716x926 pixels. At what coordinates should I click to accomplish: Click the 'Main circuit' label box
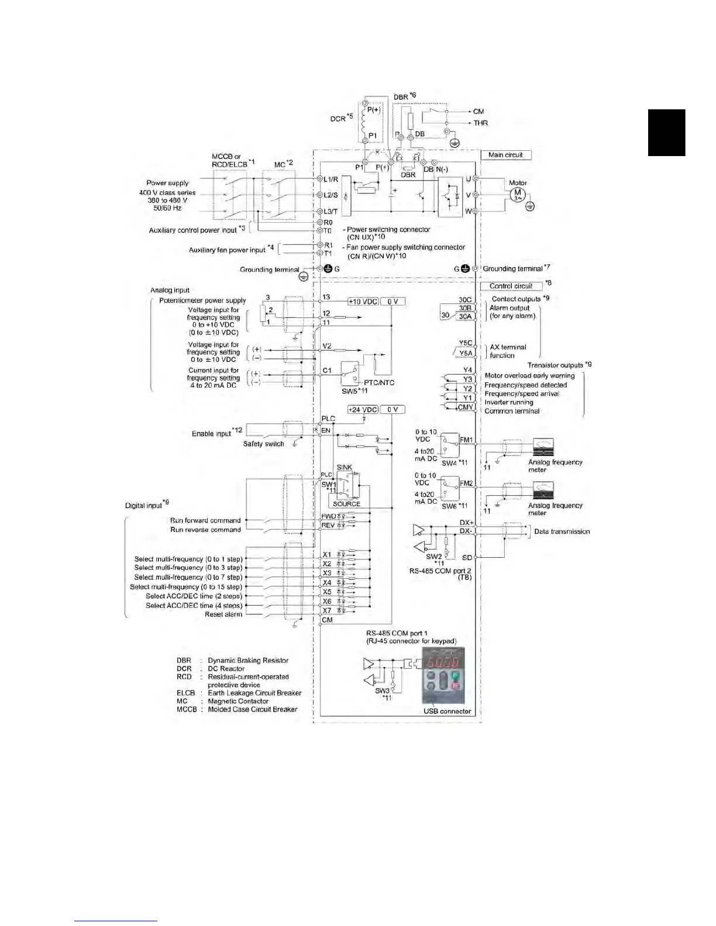505,155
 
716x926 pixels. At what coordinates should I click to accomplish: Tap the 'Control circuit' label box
511,286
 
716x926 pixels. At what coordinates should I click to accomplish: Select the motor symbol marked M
517,194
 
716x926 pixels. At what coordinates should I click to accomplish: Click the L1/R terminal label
331,178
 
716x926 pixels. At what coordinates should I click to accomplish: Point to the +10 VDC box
363,302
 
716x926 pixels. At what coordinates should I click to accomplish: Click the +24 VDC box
363,410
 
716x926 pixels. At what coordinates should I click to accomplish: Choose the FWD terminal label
329,516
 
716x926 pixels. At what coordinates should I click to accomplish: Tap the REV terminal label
328,526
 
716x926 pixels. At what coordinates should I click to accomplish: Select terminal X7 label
327,610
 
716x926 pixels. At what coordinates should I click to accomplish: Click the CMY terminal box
466,407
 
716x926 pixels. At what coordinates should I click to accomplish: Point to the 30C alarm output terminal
465,300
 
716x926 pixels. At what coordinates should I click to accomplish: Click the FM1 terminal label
466,440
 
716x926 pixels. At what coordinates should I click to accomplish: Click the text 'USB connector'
447,711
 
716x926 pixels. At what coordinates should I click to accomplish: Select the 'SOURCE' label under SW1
346,504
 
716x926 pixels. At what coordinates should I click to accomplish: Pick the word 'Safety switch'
263,444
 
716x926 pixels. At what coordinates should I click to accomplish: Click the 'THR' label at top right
480,123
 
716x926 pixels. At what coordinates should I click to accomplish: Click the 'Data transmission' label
562,531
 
